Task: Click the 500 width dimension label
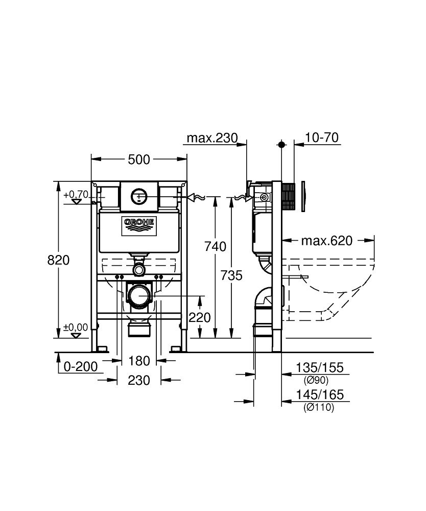point(139,159)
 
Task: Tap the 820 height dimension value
point(59,260)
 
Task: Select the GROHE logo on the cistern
point(139,225)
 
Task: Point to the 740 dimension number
point(215,247)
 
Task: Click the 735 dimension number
point(231,276)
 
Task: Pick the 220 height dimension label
point(200,317)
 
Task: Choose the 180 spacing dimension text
point(139,361)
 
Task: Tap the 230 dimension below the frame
point(139,380)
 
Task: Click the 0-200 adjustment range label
point(81,367)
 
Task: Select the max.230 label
point(212,138)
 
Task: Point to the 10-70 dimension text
point(322,137)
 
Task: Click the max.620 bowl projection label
point(327,241)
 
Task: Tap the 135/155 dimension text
point(320,367)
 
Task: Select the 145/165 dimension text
point(320,394)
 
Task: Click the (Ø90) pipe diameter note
point(316,380)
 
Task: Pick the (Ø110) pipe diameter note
point(319,407)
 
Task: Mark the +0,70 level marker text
point(76,195)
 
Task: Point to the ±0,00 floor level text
point(76,327)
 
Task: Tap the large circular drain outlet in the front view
point(139,295)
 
